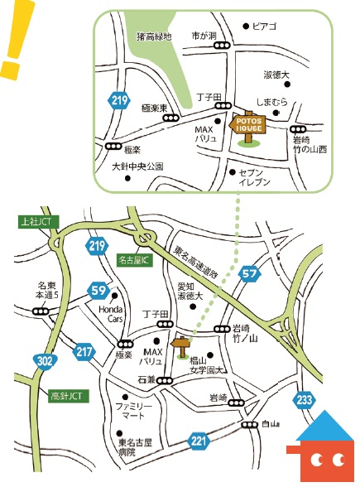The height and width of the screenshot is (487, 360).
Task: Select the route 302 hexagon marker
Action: [x=46, y=360]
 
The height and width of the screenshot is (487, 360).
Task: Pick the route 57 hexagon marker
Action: [x=251, y=272]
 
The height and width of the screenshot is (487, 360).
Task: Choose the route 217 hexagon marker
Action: [x=84, y=351]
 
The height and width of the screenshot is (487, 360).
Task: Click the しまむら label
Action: [x=271, y=101]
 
